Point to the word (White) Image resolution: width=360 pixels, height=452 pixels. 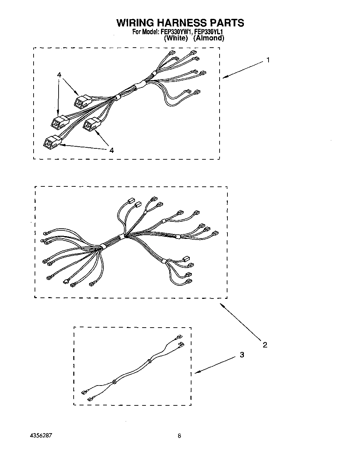pyautogui.click(x=176, y=38)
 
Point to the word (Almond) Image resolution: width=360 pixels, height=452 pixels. pyautogui.click(x=209, y=38)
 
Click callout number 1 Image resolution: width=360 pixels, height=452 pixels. pyautogui.click(x=268, y=60)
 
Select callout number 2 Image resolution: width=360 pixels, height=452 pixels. pyautogui.click(x=265, y=345)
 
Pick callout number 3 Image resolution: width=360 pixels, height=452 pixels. pyautogui.click(x=242, y=355)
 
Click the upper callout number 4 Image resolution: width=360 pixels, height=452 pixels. pyautogui.click(x=59, y=75)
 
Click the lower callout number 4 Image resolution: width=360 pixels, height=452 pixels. pyautogui.click(x=111, y=150)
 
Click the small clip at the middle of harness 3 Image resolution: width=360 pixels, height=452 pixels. pyautogui.click(x=114, y=381)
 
